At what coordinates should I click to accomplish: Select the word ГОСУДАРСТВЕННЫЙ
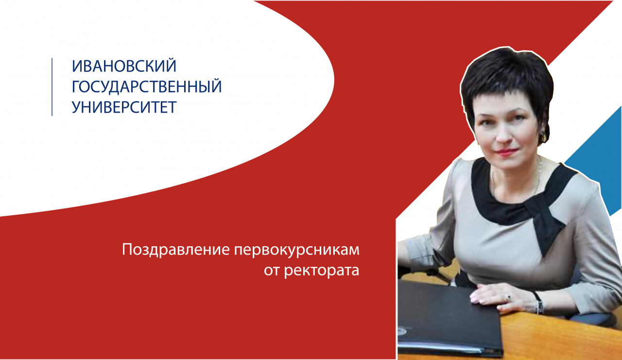click(x=147, y=87)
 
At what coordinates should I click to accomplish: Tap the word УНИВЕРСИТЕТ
click(x=124, y=107)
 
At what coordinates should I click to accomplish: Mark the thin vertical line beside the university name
click(x=52, y=87)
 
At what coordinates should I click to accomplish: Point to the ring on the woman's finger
click(x=508, y=297)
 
